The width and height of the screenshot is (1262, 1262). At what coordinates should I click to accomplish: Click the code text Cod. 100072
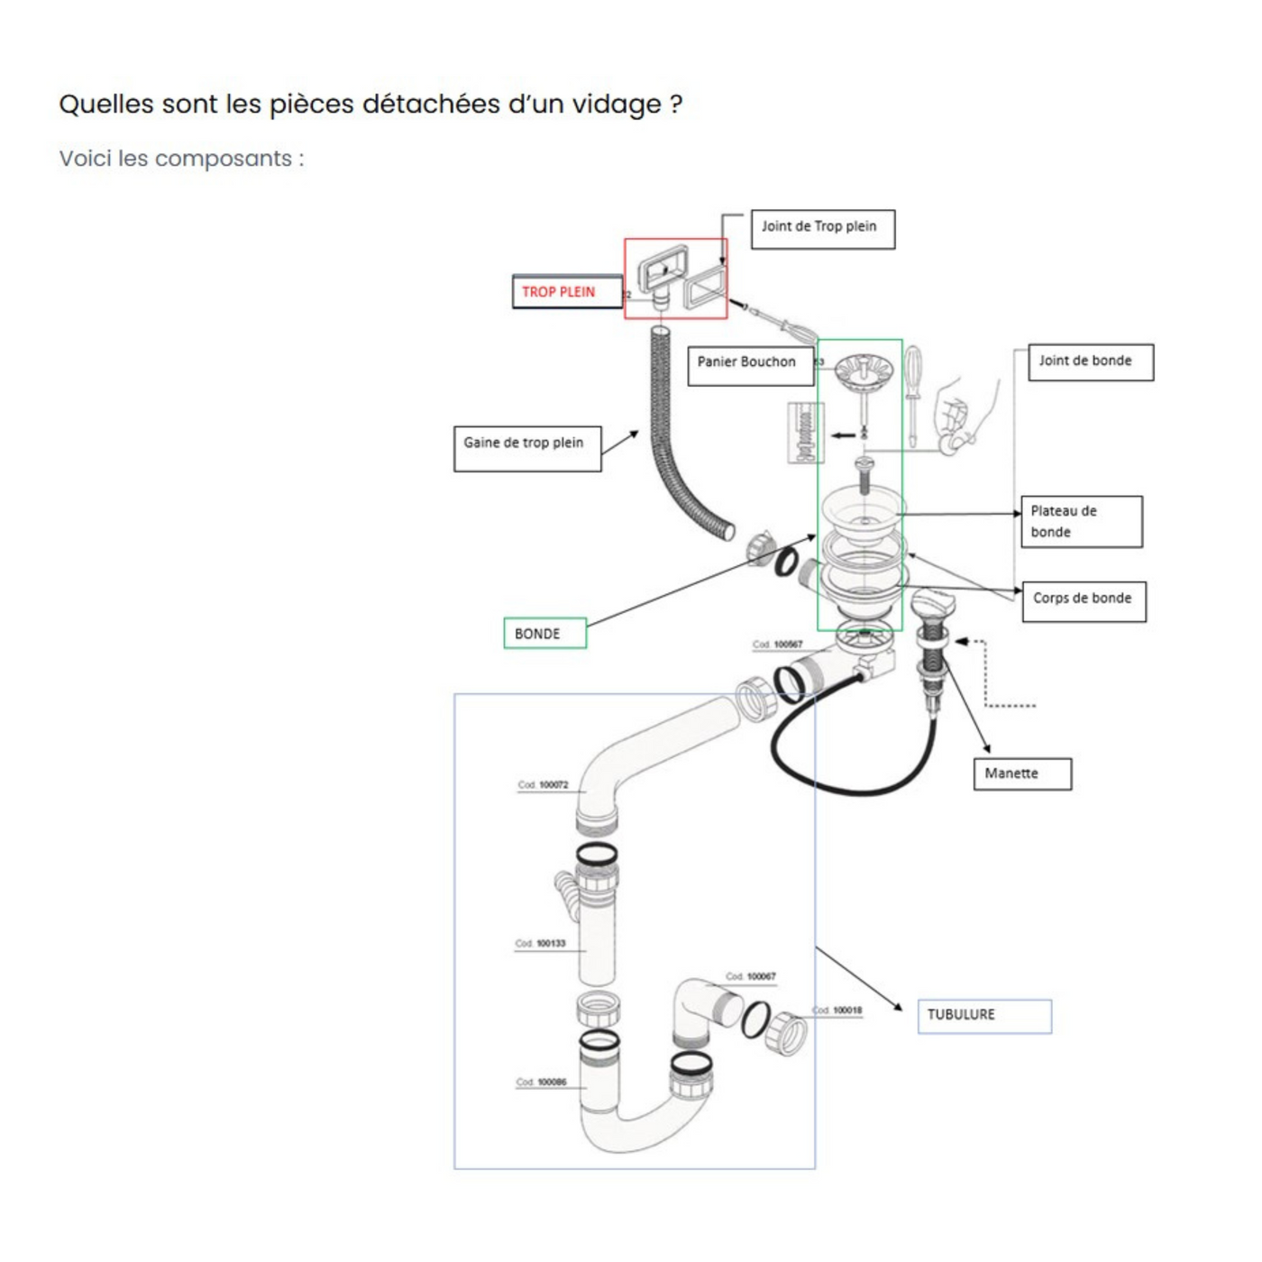[x=543, y=785]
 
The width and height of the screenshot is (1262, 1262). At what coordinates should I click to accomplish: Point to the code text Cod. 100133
[x=541, y=944]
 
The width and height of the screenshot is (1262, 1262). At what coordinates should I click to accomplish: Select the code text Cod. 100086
[x=542, y=1083]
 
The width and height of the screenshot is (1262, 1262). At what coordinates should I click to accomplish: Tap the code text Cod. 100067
[x=751, y=977]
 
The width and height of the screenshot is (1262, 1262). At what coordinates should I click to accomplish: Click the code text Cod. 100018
[x=837, y=1011]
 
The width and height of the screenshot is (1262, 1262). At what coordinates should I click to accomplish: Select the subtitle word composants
[x=223, y=160]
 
